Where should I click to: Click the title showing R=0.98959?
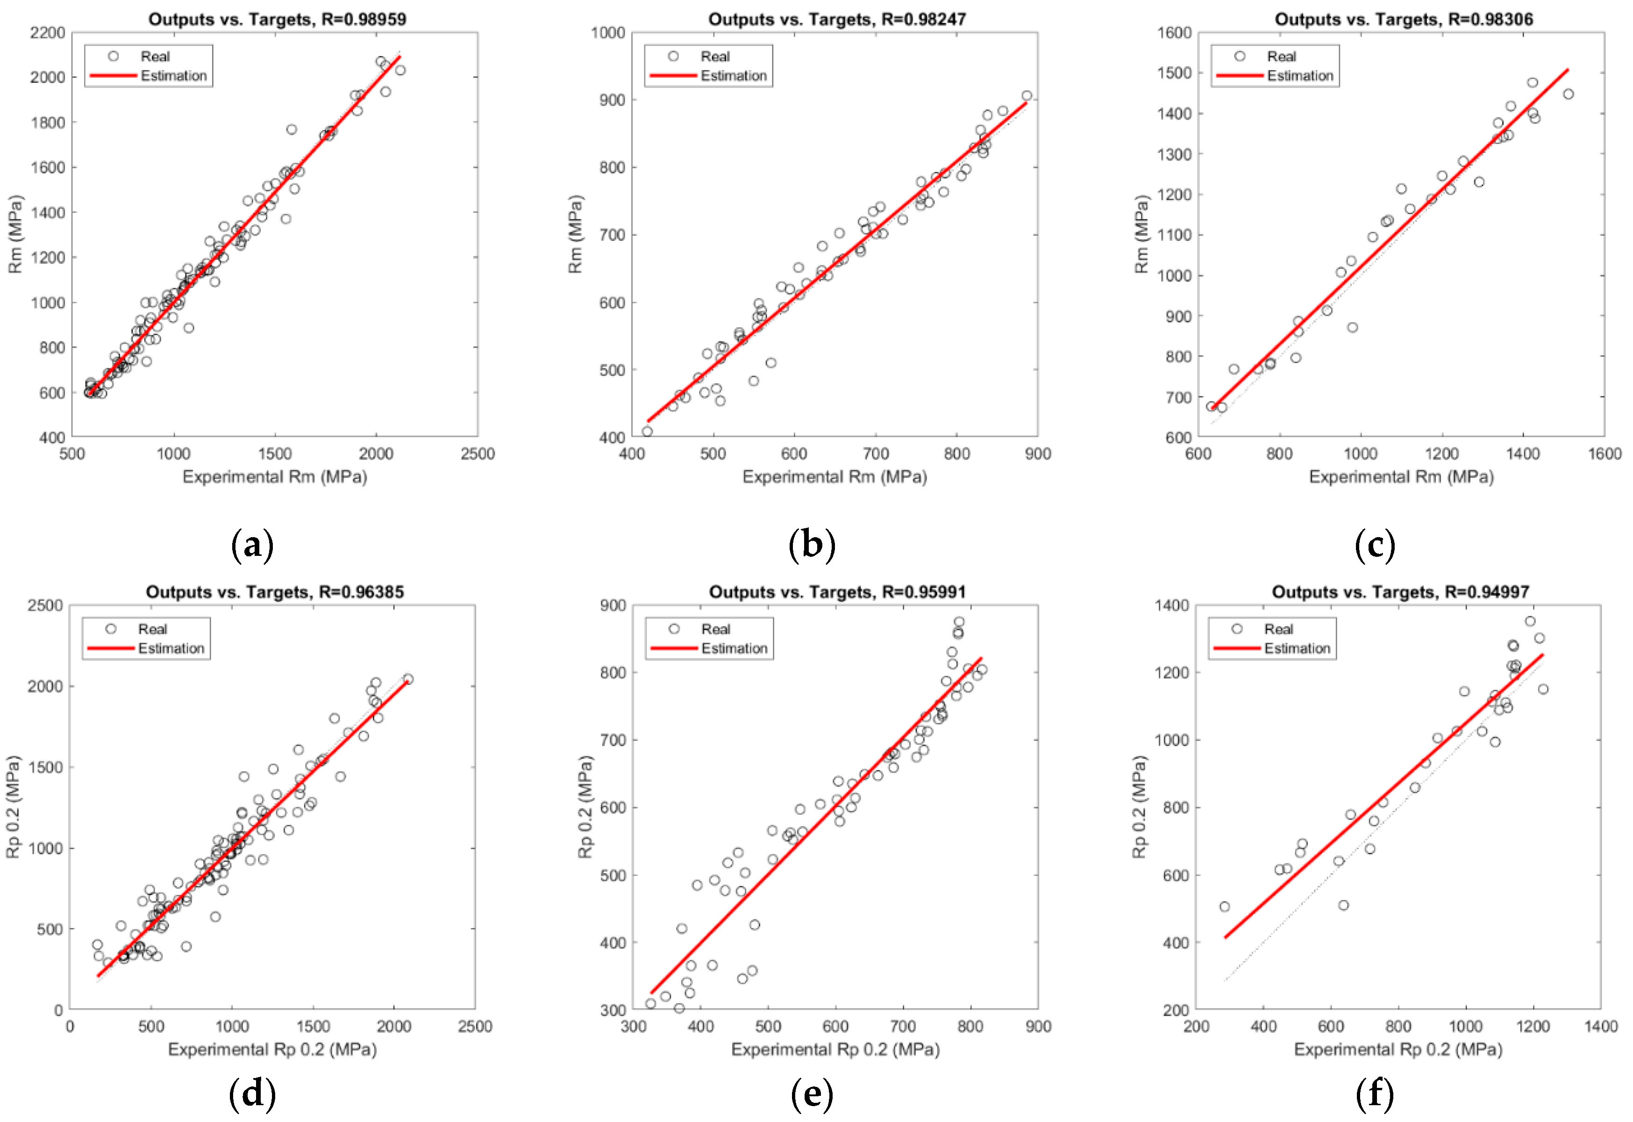pyautogui.click(x=277, y=19)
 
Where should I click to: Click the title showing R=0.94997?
pyautogui.click(x=1400, y=592)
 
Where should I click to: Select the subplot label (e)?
pyautogui.click(x=812, y=1094)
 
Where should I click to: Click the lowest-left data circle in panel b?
pyautogui.click(x=647, y=432)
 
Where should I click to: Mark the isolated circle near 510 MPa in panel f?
pyautogui.click(x=1225, y=907)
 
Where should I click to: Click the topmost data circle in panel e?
pyautogui.click(x=959, y=622)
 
